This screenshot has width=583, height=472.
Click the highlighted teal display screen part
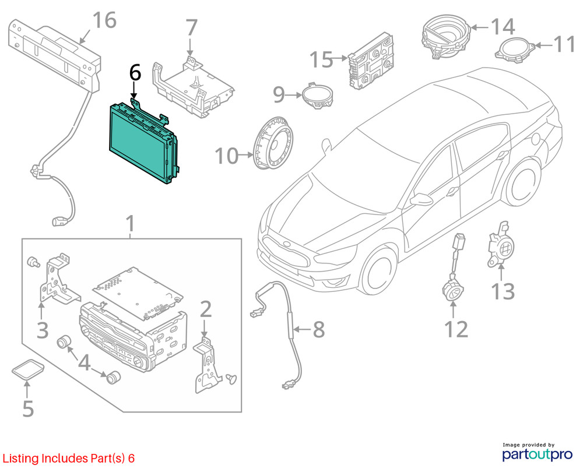point(141,141)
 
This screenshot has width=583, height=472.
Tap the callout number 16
point(104,20)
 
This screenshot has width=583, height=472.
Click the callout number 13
point(503,291)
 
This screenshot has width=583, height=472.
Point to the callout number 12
point(456,329)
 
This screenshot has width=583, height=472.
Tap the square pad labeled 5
point(28,369)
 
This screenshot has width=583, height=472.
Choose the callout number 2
point(206,309)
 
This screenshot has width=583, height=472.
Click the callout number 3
point(43,330)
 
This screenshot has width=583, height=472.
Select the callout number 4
point(85,362)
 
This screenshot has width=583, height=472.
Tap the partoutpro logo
point(538,452)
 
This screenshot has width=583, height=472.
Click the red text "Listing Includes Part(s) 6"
point(69,458)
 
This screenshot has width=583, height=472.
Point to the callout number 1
point(130,224)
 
